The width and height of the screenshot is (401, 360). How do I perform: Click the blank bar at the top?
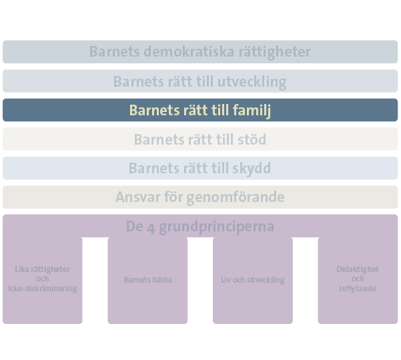coord(200,51)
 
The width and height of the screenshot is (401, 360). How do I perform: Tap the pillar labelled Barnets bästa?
coord(147,280)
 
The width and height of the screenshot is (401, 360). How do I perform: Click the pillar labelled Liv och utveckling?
coord(253,280)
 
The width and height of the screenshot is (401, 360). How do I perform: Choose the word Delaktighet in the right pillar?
coord(358,269)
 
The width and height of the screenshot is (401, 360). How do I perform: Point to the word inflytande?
coord(358,289)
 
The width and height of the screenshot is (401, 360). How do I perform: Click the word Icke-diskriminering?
coord(43,289)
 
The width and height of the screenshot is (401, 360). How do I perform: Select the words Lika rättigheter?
coord(43,269)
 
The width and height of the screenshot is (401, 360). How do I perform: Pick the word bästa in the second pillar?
coord(161,280)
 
